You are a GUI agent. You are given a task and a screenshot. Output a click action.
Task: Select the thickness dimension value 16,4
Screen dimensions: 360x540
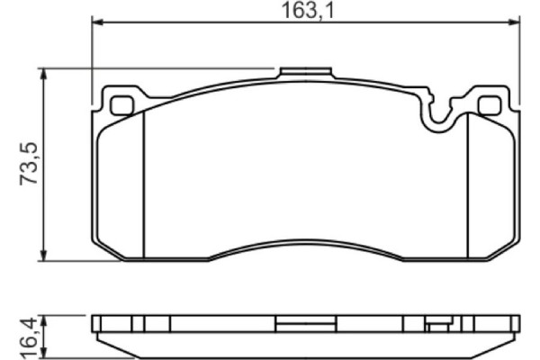[29, 337]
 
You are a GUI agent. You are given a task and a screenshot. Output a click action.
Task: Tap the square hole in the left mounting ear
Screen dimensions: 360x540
[121, 105]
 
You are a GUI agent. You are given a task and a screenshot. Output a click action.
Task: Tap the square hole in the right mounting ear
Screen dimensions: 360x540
[490, 105]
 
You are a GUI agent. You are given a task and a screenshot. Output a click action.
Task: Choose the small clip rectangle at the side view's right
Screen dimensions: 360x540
[437, 326]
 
